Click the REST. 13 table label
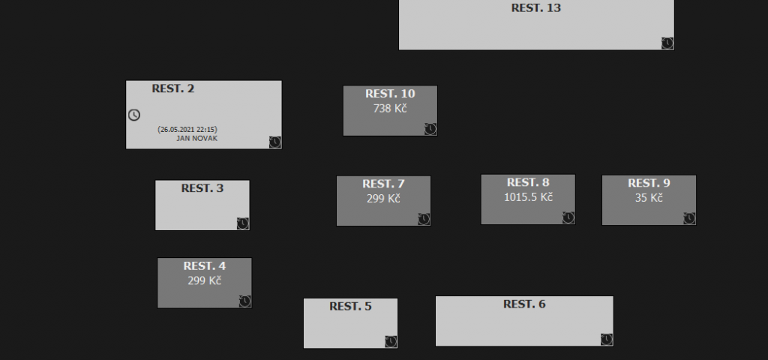pyautogui.click(x=535, y=8)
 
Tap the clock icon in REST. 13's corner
pyautogui.click(x=667, y=43)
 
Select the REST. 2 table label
pyautogui.click(x=173, y=88)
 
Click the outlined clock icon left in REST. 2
pyautogui.click(x=134, y=115)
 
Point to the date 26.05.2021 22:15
pyautogui.click(x=187, y=130)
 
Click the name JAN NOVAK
pyautogui.click(x=197, y=138)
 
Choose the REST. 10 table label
pyautogui.click(x=390, y=94)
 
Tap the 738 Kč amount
pyautogui.click(x=390, y=108)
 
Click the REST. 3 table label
pyautogui.click(x=202, y=188)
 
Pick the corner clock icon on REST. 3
pyautogui.click(x=243, y=223)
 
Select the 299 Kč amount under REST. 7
pyautogui.click(x=383, y=199)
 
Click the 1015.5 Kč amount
pyautogui.click(x=528, y=197)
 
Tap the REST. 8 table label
pyautogui.click(x=528, y=182)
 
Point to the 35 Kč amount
pyautogui.click(x=649, y=198)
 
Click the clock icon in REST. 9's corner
pyautogui.click(x=689, y=218)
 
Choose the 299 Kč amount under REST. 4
pyautogui.click(x=205, y=280)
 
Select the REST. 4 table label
pyautogui.click(x=205, y=266)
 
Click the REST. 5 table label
pyautogui.click(x=350, y=306)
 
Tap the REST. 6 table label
pyautogui.click(x=524, y=304)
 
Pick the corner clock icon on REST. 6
pyautogui.click(x=606, y=339)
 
